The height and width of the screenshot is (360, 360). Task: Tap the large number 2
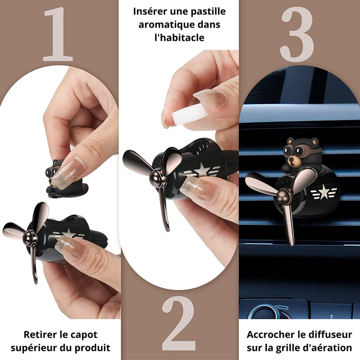pyautogui.click(x=179, y=324)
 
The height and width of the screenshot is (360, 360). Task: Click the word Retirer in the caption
pyautogui.click(x=41, y=335)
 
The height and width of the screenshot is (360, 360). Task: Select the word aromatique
pyautogui.click(x=165, y=25)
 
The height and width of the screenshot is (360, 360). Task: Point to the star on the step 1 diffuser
pyautogui.click(x=68, y=233)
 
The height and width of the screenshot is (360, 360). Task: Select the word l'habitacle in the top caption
pyautogui.click(x=179, y=39)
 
